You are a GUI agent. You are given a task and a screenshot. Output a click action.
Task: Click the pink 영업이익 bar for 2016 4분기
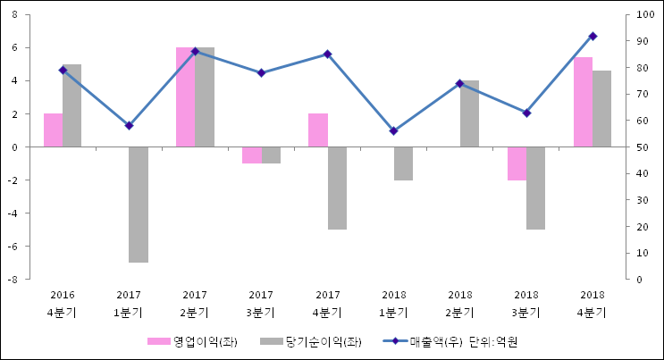coord(53,130)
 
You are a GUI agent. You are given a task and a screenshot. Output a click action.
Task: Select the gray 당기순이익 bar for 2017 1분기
coord(139,205)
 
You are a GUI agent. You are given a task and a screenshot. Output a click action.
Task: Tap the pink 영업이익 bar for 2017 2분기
coord(185,97)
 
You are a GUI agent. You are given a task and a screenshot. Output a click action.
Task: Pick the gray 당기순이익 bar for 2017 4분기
coord(337,188)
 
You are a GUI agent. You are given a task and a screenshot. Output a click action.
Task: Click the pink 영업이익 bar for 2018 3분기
coord(517,163)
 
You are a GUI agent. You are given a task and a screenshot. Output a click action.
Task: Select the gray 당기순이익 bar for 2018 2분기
coord(469,113)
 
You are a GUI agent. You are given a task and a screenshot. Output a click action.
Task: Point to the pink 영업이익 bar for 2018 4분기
coord(583,102)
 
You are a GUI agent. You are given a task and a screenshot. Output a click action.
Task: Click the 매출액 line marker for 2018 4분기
coord(593,36)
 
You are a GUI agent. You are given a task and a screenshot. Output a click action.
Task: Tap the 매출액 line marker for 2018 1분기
coord(393,130)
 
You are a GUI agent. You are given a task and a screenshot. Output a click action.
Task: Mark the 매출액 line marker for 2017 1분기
coord(129,125)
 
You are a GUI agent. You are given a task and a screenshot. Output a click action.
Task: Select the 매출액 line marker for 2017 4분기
coord(327,54)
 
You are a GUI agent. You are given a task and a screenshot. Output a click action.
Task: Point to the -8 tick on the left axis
coord(16,280)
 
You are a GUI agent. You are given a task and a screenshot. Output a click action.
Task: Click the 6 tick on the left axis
coord(18,48)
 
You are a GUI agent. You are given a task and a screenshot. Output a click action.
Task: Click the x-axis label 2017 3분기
coord(261,304)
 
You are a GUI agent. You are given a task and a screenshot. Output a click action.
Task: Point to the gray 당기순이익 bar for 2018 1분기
coord(403,163)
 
